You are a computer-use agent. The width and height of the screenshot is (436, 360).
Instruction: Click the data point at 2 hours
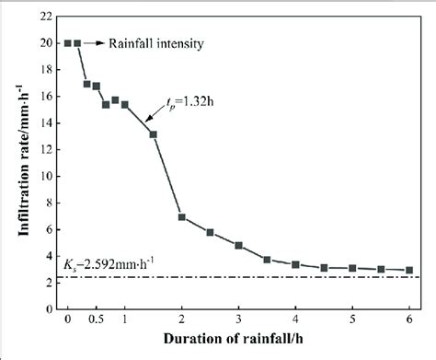[181, 217]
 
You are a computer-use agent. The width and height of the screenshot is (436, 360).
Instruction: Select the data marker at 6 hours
[408, 270]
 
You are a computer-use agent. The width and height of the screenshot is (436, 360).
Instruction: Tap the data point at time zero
[67, 42]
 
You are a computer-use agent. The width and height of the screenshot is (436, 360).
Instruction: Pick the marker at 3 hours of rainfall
[238, 246]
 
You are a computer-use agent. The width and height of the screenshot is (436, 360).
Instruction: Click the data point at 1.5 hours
[153, 134]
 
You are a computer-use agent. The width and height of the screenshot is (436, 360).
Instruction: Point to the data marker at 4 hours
[295, 264]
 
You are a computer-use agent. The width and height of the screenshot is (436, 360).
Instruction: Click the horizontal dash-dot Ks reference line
[276, 276]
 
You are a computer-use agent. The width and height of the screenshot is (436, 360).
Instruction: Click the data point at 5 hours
[352, 268]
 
